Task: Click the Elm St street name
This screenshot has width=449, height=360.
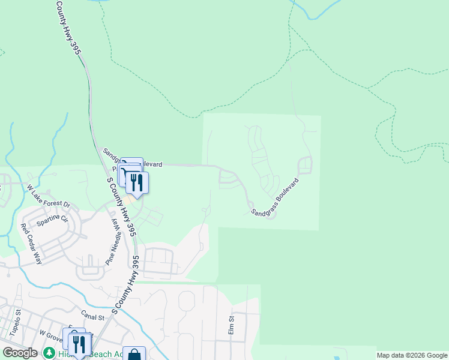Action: click(231, 326)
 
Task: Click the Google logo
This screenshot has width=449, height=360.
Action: click(20, 353)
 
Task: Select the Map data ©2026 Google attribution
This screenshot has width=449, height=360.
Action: click(412, 355)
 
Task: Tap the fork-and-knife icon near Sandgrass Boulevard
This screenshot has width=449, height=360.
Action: click(137, 182)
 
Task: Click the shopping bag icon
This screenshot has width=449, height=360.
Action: click(134, 355)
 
